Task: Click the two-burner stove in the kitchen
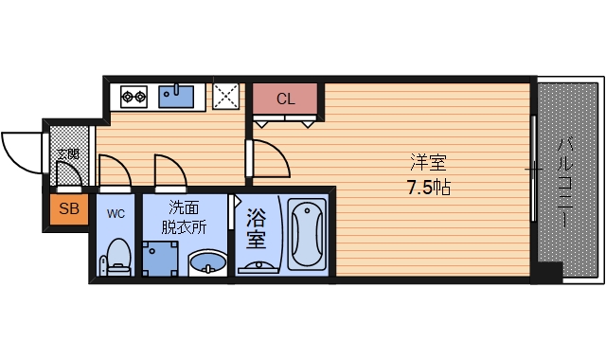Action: pos(134,96)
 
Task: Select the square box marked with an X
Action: pos(226,96)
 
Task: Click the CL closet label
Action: pos(286,99)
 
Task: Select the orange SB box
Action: pos(68,209)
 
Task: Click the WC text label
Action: pos(116,212)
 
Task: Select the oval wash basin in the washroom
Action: pos(207,262)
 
